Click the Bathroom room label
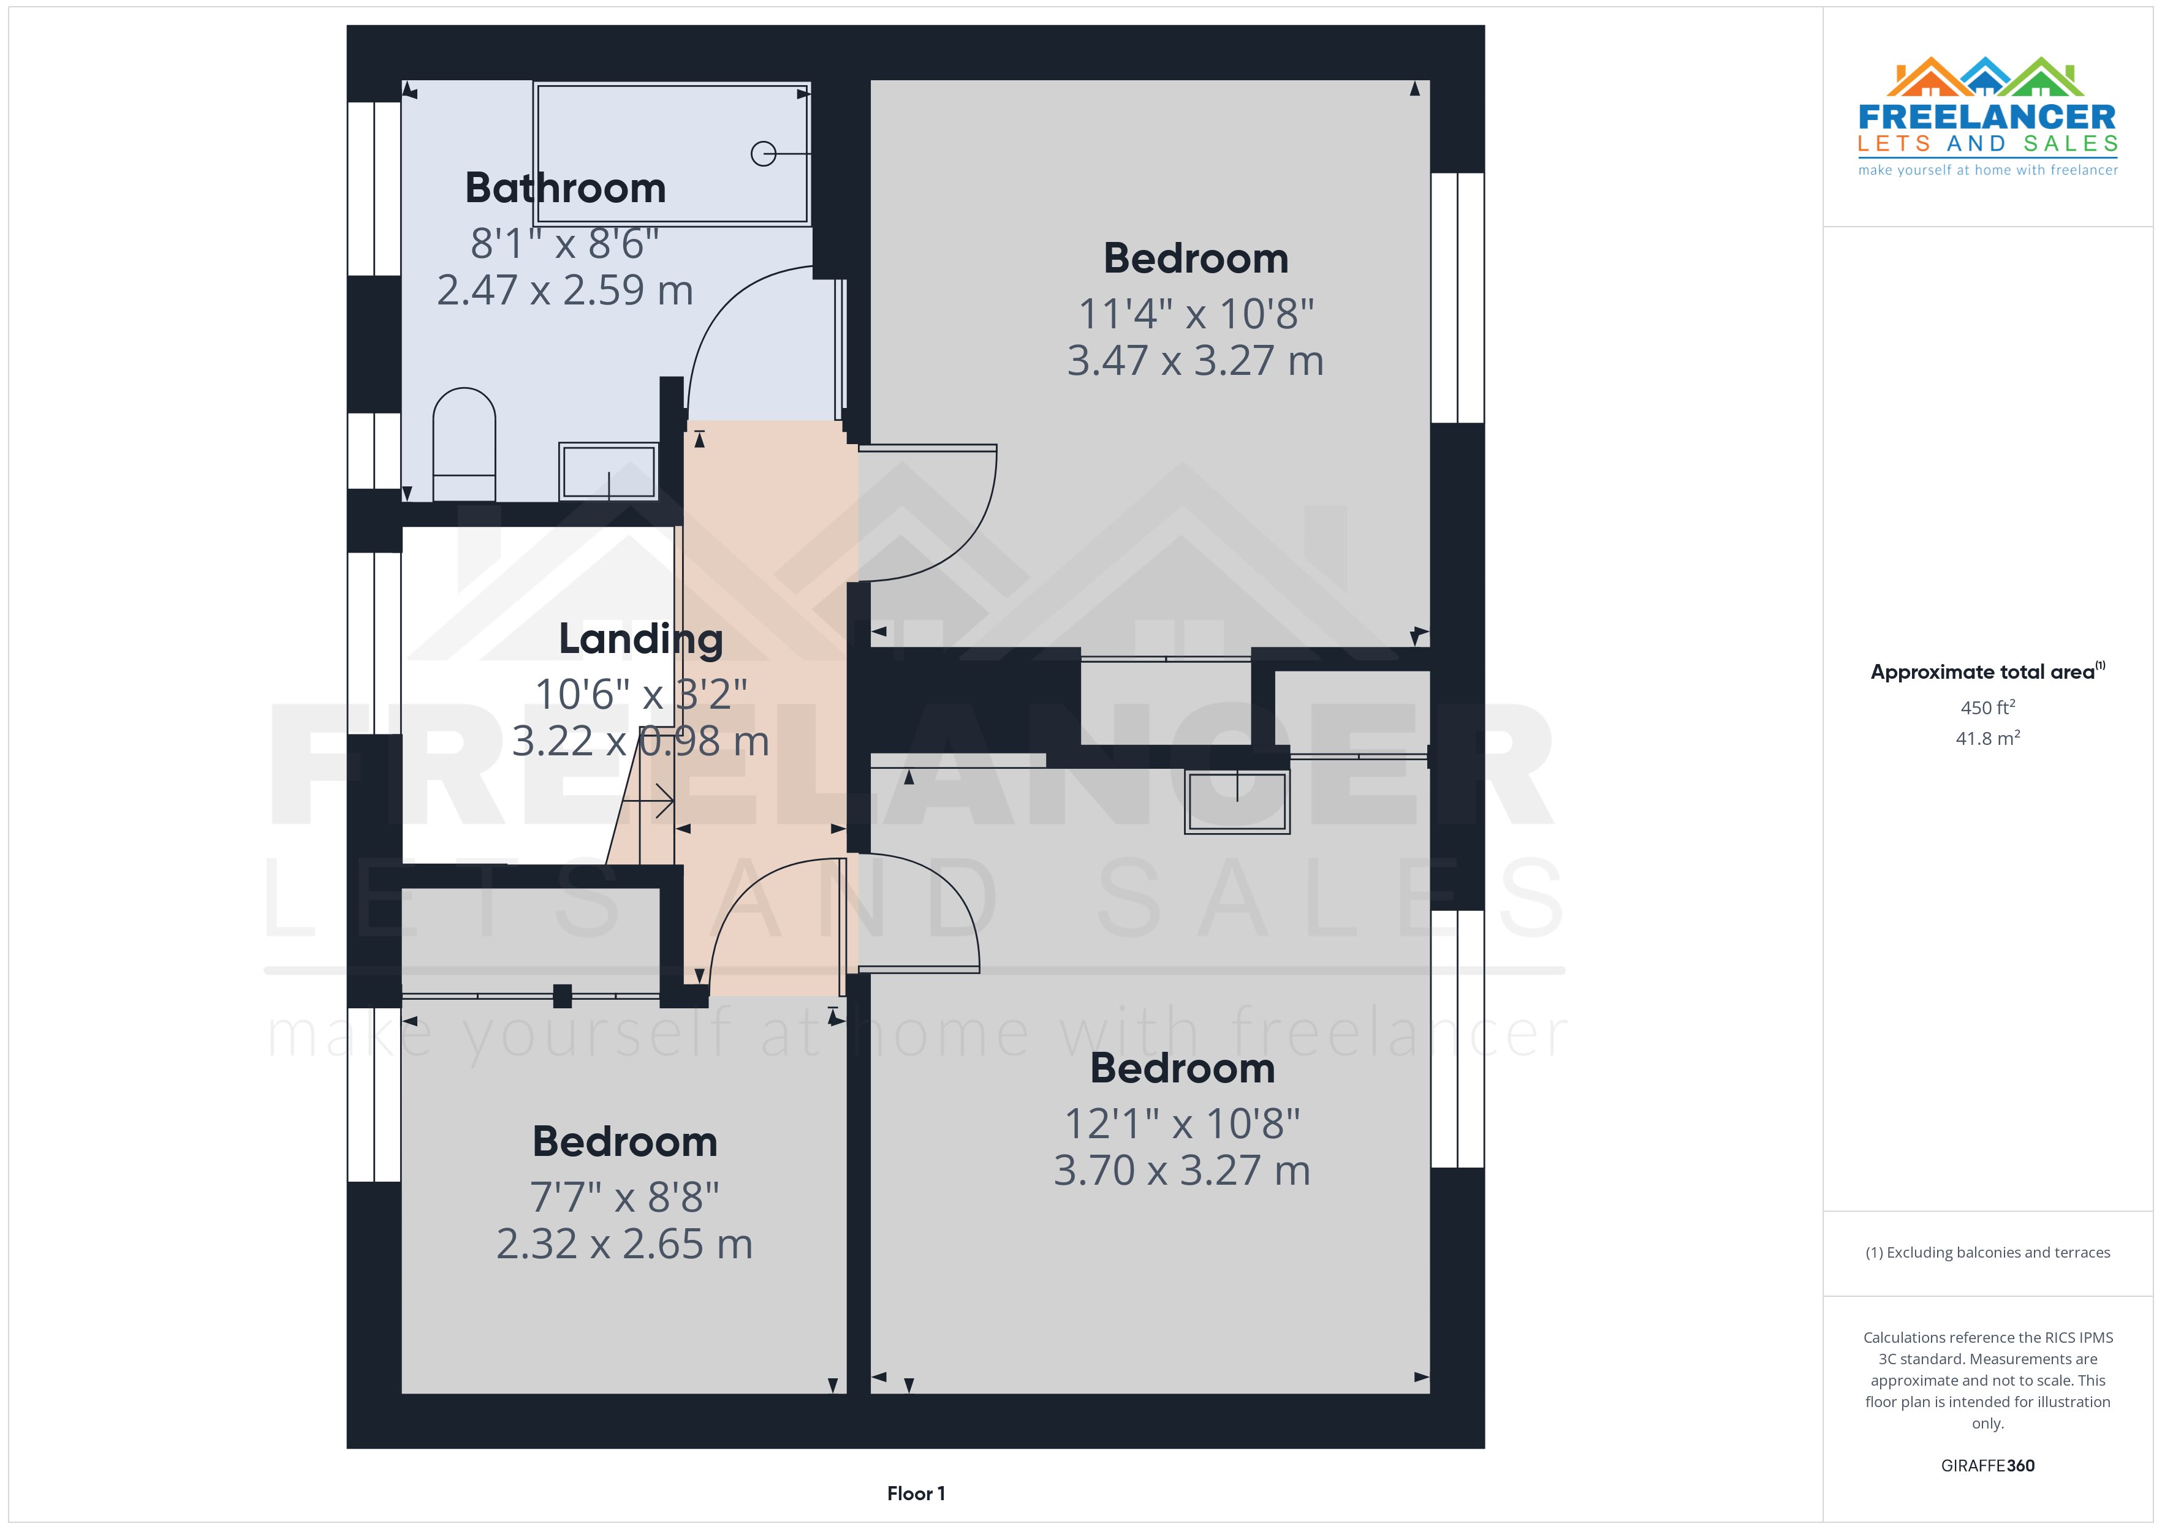(565, 188)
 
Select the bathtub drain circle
(763, 154)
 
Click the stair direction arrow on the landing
(650, 801)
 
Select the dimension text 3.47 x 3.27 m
(1195, 361)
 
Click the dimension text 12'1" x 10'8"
(1182, 1123)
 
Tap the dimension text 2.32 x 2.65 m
(624, 1244)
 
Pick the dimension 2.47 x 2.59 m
(565, 290)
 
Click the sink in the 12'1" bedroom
(1237, 802)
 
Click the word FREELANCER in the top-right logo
(1987, 117)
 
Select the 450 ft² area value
(1987, 707)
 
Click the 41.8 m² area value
(1987, 738)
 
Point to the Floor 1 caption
(916, 1493)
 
